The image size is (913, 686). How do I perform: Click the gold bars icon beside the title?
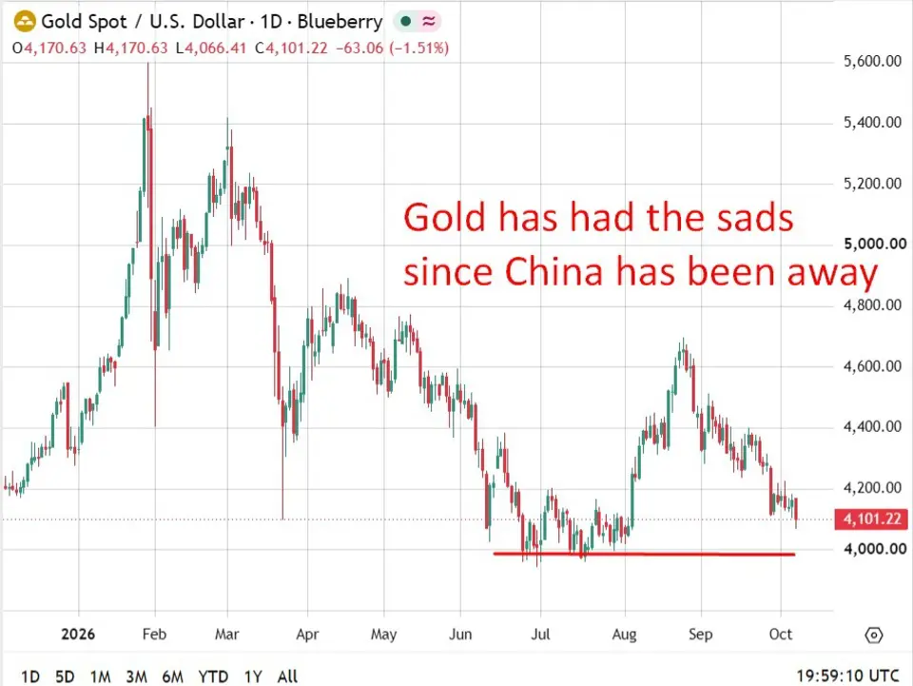[x=25, y=22]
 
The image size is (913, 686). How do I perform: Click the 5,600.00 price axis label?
[x=872, y=61]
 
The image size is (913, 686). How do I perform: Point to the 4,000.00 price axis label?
[x=875, y=549]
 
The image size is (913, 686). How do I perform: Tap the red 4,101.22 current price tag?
[x=871, y=519]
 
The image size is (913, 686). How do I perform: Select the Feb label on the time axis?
[x=154, y=634]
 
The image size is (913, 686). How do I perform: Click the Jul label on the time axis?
[x=540, y=634]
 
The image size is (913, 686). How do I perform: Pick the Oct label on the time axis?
[x=780, y=634]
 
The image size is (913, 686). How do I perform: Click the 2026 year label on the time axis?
[x=78, y=634]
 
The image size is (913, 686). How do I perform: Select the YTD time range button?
[x=213, y=676]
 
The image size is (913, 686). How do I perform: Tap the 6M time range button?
[x=172, y=676]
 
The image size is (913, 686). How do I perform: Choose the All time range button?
[x=287, y=676]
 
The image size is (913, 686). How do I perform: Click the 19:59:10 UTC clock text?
[x=847, y=676]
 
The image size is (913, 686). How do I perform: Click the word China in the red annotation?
[x=554, y=272]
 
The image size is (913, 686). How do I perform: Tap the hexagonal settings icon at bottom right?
[x=874, y=635]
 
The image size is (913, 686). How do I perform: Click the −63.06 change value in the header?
[x=359, y=48]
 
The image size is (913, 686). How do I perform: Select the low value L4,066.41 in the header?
[x=211, y=48]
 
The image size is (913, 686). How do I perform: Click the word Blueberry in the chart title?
[x=340, y=22]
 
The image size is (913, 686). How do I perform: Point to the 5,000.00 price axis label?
[x=875, y=244]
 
